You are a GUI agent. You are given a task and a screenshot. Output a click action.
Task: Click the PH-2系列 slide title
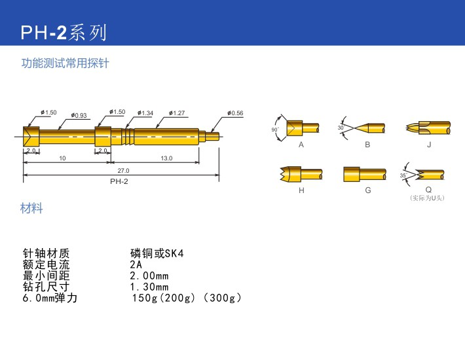tap(63, 32)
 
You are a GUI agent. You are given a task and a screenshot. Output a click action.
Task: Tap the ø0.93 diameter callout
tap(80, 115)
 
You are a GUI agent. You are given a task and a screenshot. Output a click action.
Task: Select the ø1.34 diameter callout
tap(146, 113)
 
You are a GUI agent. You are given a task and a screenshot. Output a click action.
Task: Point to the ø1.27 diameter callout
tap(177, 113)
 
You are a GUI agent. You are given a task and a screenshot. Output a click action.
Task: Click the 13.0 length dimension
tap(166, 158)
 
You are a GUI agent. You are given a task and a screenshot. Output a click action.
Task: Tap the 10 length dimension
tap(62, 158)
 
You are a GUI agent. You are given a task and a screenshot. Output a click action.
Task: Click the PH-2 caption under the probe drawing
tap(119, 181)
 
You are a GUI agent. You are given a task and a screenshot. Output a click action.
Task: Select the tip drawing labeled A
tap(302, 127)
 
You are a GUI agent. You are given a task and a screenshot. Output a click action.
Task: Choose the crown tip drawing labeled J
tap(429, 127)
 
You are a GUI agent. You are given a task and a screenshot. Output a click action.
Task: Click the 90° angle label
tap(275, 130)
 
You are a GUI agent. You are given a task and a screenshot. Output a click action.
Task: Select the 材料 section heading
tap(33, 209)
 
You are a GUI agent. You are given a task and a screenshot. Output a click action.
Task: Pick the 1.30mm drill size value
tap(149, 287)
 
